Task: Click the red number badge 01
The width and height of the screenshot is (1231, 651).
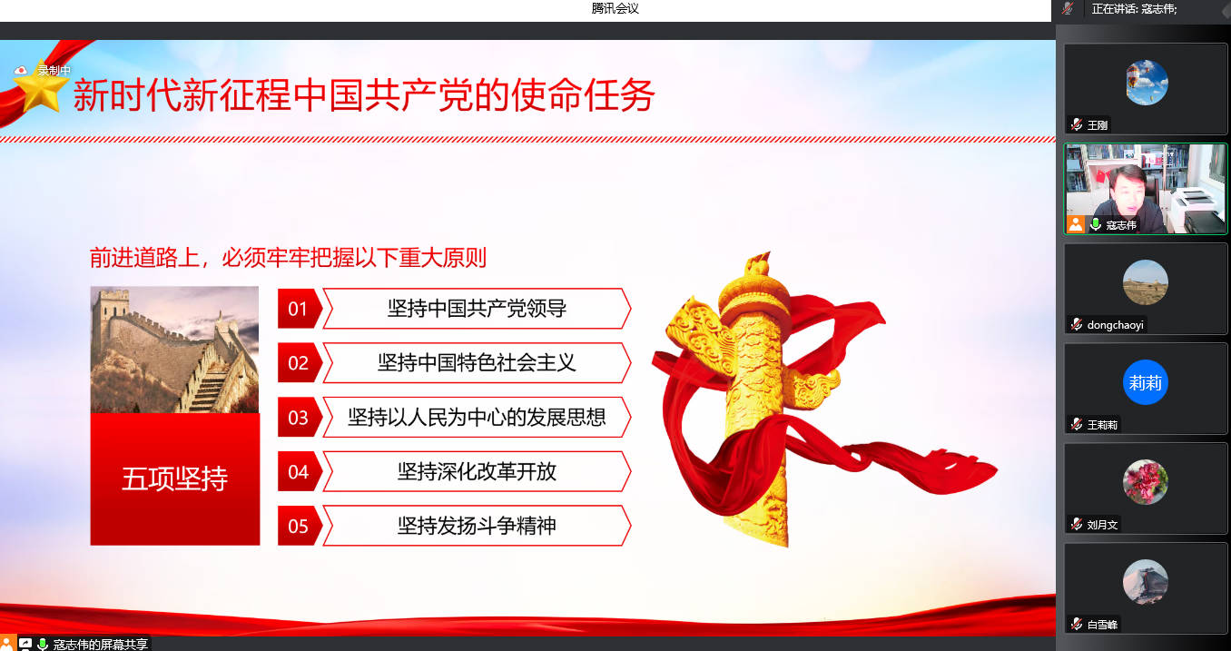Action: pyautogui.click(x=300, y=309)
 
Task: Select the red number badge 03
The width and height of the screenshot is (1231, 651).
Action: pyautogui.click(x=300, y=418)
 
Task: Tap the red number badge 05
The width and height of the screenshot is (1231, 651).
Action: pyautogui.click(x=300, y=526)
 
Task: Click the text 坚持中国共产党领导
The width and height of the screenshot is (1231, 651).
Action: pyautogui.click(x=477, y=309)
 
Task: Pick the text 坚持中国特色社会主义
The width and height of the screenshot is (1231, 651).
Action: pyautogui.click(x=477, y=363)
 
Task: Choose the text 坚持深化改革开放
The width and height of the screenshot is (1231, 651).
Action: pyautogui.click(x=477, y=472)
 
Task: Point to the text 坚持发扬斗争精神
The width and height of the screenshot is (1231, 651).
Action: pyautogui.click(x=477, y=526)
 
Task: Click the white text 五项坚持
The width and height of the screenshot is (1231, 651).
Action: pyautogui.click(x=175, y=478)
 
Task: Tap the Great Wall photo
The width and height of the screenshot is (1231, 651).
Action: pyautogui.click(x=175, y=350)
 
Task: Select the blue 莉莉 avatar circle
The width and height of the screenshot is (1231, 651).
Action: pyautogui.click(x=1146, y=382)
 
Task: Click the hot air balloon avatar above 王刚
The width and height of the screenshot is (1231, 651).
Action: pyautogui.click(x=1146, y=83)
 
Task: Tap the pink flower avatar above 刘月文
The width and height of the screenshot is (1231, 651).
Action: pyautogui.click(x=1146, y=482)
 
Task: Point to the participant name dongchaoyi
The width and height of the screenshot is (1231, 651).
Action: pyautogui.click(x=1115, y=325)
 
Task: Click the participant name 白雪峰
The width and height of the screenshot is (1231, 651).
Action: pyautogui.click(x=1102, y=625)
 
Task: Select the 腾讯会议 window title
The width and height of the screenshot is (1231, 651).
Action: pyautogui.click(x=615, y=8)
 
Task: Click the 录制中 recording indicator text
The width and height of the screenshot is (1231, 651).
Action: pyautogui.click(x=54, y=71)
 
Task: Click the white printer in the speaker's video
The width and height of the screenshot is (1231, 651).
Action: pyautogui.click(x=1197, y=207)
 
